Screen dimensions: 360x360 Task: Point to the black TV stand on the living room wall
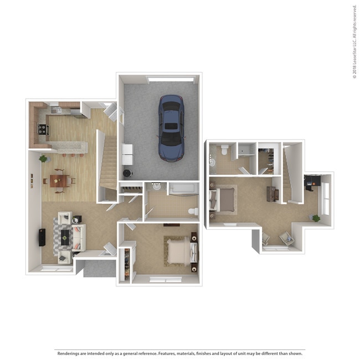point(42,237)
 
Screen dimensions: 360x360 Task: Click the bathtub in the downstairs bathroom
point(182,189)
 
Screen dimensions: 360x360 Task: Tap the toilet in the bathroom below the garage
point(193,212)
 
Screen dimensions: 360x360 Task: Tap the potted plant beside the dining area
point(43,159)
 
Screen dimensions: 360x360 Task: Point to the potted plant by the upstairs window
point(316,218)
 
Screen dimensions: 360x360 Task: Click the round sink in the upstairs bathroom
point(212,162)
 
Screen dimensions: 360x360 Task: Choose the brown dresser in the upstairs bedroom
point(271,193)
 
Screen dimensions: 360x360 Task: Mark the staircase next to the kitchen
point(109,161)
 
